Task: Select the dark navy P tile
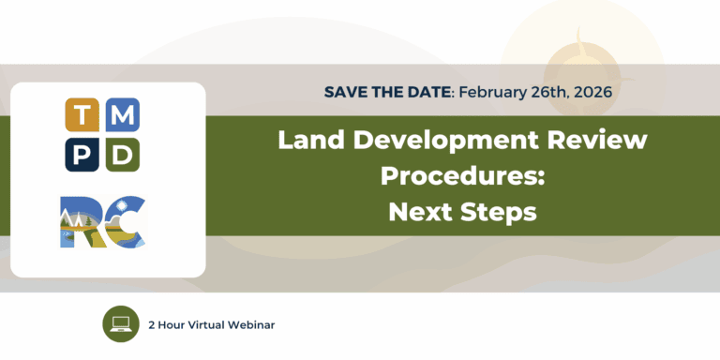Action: coord(82,155)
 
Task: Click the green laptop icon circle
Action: coord(120,324)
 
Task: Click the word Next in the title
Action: coord(421,212)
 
